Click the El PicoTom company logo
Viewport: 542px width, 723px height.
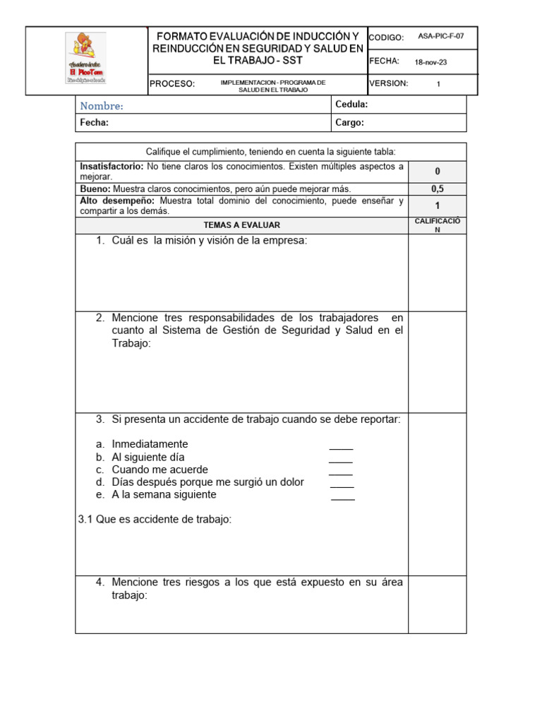[x=86, y=59]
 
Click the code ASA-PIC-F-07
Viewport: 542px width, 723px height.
[x=441, y=37]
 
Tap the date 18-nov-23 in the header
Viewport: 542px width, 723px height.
[x=430, y=62]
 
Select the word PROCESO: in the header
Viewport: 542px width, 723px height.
[x=172, y=84]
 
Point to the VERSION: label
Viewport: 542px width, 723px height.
[x=389, y=83]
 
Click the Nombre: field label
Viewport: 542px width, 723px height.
[x=102, y=106]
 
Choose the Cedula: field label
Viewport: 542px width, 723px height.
[x=352, y=104]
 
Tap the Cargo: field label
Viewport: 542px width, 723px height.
[x=350, y=123]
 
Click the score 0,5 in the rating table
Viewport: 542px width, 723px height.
[x=438, y=189]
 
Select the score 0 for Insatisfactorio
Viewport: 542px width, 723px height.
[x=438, y=172]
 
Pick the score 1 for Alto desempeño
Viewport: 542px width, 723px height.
[x=438, y=206]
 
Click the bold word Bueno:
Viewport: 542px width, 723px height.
[x=95, y=189]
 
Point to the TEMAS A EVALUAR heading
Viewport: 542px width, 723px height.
[x=242, y=225]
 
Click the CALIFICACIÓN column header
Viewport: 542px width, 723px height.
[x=438, y=225]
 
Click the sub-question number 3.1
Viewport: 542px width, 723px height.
[x=85, y=520]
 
